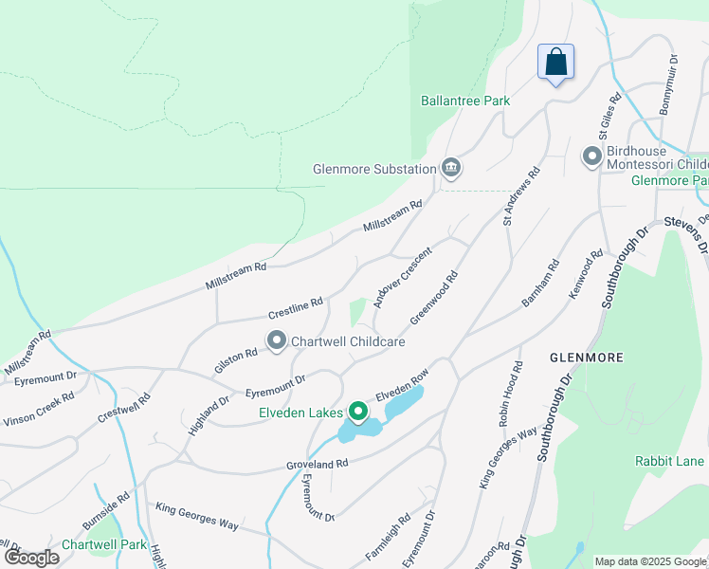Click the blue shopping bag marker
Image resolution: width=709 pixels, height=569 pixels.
555,64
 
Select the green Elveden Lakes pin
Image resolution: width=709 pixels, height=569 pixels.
357,412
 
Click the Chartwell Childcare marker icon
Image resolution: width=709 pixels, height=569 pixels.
277,340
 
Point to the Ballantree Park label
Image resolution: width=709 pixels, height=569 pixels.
464,101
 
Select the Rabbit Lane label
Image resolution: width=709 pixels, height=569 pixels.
669,461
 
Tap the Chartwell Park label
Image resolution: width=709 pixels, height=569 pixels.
104,545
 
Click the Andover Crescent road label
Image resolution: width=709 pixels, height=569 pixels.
402,278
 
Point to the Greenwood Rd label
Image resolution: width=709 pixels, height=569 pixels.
434,296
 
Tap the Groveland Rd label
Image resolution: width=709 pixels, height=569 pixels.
318,465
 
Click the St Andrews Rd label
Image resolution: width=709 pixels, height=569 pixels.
521,197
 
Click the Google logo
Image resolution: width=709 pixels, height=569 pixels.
32,557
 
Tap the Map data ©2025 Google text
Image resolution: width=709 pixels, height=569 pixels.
650,561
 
